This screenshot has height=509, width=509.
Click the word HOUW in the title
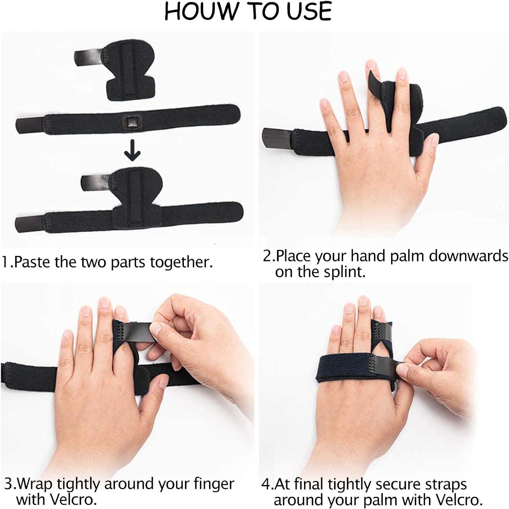(196, 11)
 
